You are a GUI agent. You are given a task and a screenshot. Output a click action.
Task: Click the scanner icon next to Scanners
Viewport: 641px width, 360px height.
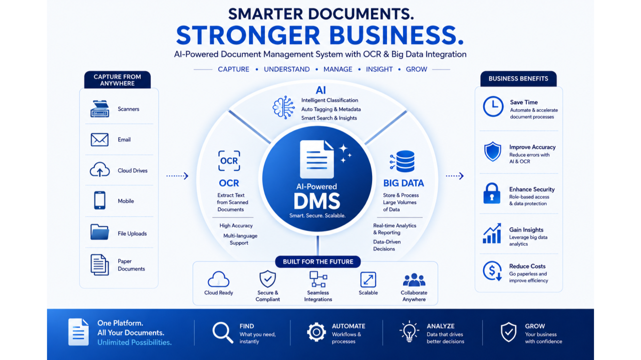click(100, 109)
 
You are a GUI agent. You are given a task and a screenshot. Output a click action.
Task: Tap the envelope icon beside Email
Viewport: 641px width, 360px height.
click(100, 140)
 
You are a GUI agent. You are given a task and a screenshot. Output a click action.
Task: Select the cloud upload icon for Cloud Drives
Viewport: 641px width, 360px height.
click(100, 169)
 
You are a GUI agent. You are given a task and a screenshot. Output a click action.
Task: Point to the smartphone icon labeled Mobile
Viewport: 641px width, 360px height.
click(100, 200)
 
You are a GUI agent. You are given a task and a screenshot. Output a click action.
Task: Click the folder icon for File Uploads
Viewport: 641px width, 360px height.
click(100, 232)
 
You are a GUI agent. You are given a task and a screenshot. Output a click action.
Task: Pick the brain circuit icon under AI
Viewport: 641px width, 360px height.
click(283, 107)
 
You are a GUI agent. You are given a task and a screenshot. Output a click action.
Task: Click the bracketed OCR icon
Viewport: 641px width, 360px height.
click(229, 161)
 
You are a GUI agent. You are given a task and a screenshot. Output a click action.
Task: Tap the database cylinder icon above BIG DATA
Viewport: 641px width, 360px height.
click(402, 161)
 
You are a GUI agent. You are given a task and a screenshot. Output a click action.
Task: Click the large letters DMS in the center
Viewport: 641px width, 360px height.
click(317, 201)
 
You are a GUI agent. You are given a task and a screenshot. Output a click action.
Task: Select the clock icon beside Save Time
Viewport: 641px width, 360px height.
click(493, 107)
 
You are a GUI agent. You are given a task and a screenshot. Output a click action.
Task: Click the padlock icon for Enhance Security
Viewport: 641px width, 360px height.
click(492, 193)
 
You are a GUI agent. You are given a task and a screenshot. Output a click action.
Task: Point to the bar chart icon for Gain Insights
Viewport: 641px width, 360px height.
click(492, 233)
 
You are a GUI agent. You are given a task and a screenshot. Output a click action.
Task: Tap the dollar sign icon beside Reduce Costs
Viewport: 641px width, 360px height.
click(492, 271)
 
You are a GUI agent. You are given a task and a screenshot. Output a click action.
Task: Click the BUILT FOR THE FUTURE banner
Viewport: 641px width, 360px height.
click(318, 261)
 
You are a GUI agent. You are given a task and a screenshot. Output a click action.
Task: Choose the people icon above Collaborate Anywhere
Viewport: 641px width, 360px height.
click(414, 280)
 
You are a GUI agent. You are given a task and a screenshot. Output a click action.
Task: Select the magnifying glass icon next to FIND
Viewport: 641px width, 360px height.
click(223, 332)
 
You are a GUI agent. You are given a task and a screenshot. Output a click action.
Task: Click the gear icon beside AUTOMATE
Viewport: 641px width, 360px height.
click(316, 332)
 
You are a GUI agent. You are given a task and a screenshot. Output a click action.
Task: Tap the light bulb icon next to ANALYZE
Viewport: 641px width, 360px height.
click(409, 331)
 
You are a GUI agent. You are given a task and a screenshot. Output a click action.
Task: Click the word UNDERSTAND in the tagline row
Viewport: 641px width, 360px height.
click(287, 69)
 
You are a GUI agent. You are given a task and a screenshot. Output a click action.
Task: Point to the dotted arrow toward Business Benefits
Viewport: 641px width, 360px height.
click(455, 176)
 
